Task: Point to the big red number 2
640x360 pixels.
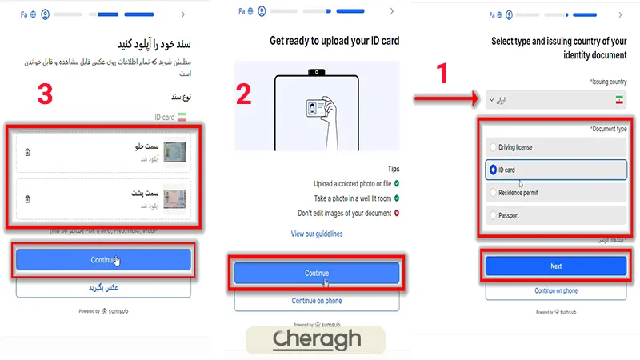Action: click(x=243, y=95)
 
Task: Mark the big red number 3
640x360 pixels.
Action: click(x=46, y=94)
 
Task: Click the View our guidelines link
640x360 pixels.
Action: click(x=317, y=234)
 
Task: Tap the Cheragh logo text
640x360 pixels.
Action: click(x=317, y=338)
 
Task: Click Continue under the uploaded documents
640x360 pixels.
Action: click(x=102, y=260)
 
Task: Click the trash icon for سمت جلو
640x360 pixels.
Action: click(x=27, y=152)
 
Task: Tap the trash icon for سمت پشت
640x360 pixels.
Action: click(x=27, y=198)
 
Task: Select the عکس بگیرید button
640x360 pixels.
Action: click(x=102, y=286)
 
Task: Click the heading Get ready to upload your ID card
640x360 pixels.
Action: click(x=334, y=41)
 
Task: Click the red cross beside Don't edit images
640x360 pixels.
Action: click(x=396, y=213)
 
